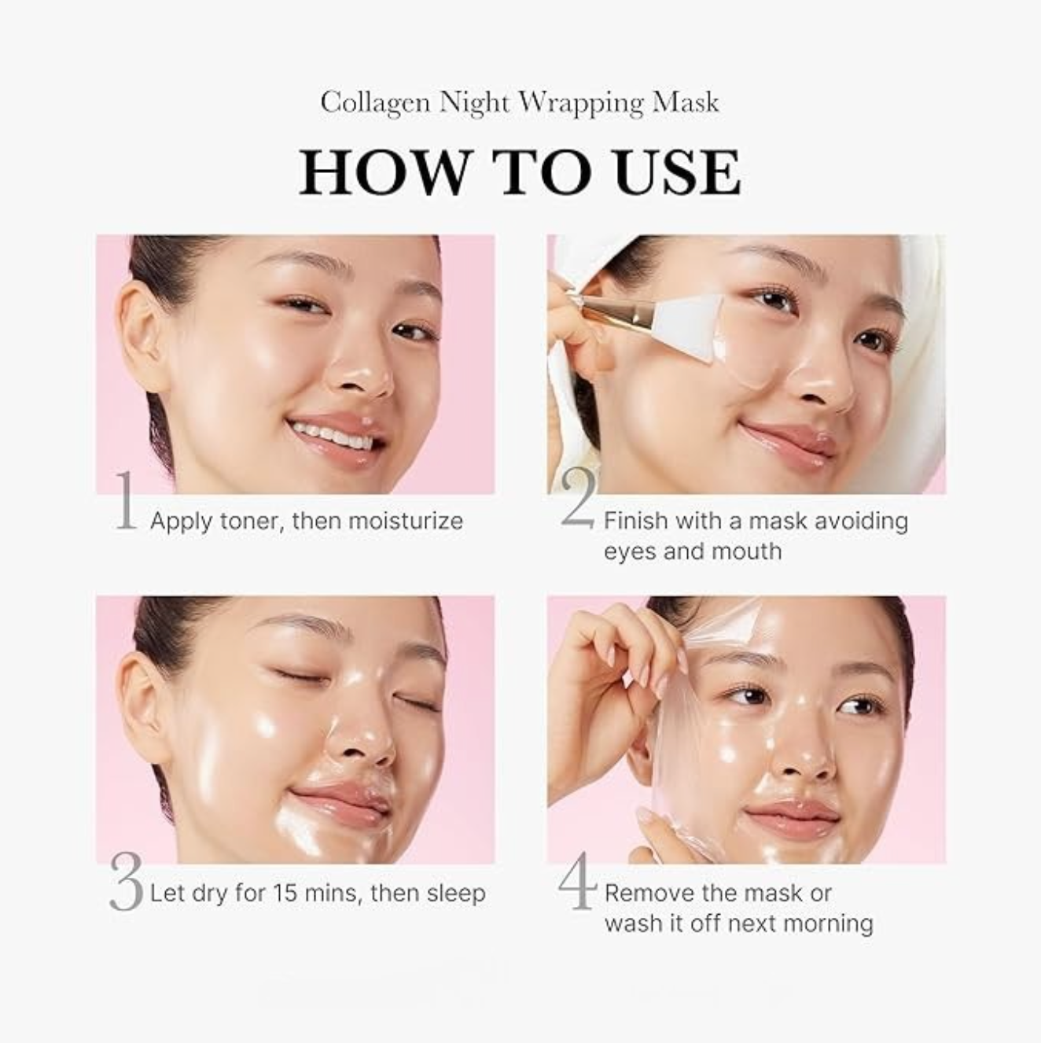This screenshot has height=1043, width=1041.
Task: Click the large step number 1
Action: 126,500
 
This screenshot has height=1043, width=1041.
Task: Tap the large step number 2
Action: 579,498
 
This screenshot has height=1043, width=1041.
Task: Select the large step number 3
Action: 126,882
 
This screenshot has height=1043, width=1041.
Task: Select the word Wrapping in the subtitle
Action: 581,103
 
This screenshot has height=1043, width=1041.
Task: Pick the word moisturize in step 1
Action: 406,521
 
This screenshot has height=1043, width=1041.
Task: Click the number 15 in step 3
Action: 285,893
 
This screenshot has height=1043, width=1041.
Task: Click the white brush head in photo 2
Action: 687,320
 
